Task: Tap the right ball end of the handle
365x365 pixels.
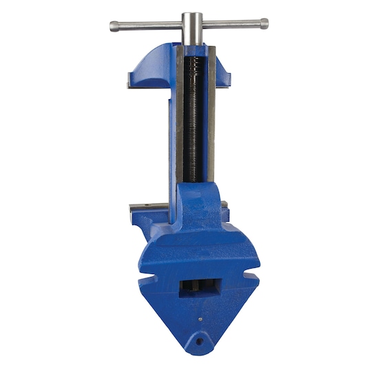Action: tap(264, 23)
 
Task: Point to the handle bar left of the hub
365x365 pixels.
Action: tap(149, 25)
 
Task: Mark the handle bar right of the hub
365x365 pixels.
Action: tap(230, 24)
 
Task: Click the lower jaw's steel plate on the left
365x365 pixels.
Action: tap(145, 207)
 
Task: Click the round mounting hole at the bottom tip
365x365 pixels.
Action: tap(200, 341)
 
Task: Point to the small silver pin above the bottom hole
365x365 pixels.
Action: tap(200, 319)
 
